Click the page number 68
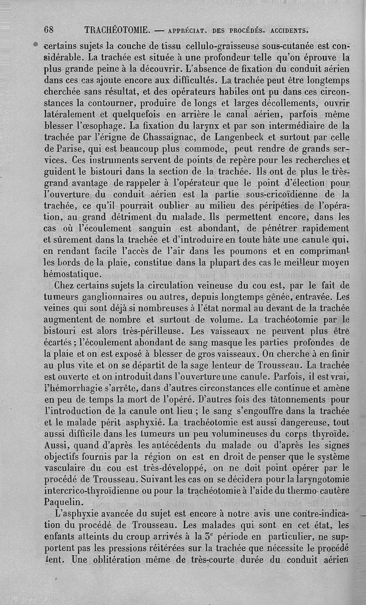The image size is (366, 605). coord(49,30)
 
